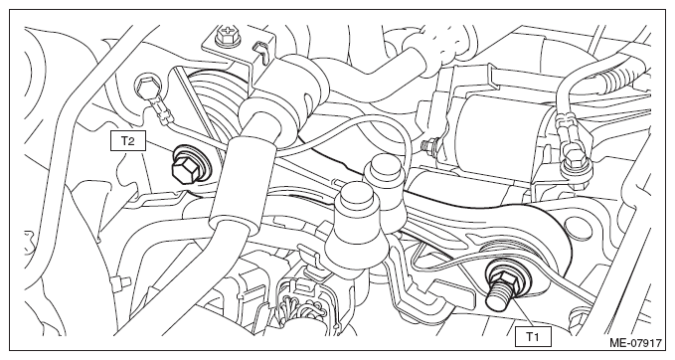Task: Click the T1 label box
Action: (533, 336)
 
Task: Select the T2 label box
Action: (128, 141)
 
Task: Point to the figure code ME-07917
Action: (635, 343)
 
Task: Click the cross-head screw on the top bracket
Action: (225, 34)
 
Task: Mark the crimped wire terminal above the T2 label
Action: (161, 111)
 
